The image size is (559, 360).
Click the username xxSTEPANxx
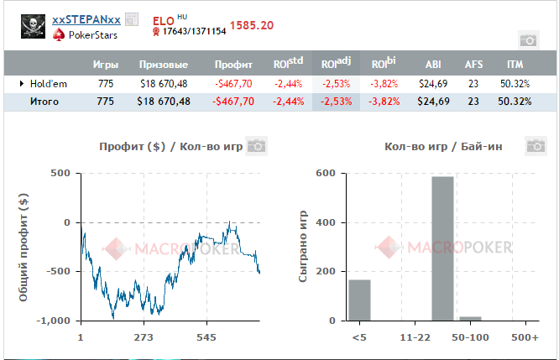[x=86, y=19]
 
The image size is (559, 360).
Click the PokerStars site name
[x=93, y=35]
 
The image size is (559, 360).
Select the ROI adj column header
[x=336, y=64]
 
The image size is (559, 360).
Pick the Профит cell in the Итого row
[x=234, y=102]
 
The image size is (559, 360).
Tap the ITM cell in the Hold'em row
[x=515, y=84]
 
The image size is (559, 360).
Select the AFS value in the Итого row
[x=473, y=102]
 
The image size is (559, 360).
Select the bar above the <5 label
[x=359, y=300]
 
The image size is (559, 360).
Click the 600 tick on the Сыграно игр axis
[x=327, y=174]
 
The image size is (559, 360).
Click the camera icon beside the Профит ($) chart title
[x=256, y=146]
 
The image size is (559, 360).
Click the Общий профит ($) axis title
[x=24, y=247]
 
